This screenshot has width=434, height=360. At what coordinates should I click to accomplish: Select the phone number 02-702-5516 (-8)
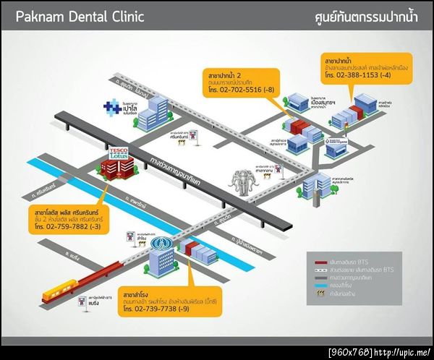coord(239,89)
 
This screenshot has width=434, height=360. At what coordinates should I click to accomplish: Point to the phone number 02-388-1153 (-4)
coord(359,74)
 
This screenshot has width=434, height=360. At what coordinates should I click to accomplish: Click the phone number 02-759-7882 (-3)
coord(68,226)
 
